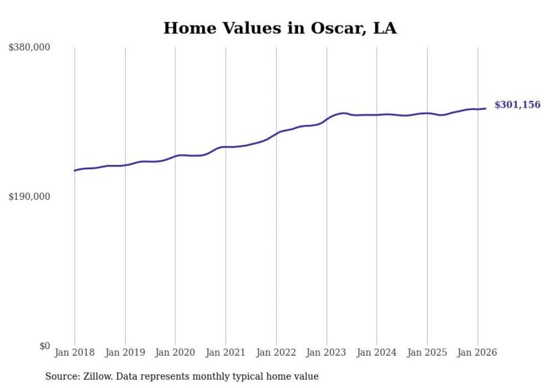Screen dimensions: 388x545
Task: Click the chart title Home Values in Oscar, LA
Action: [280, 28]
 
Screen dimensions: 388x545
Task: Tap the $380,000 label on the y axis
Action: [29, 48]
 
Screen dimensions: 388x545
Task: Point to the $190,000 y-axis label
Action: [29, 196]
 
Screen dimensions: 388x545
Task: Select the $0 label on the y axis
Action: [44, 346]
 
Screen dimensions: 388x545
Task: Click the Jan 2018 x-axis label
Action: [75, 352]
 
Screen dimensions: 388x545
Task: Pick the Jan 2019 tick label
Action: [125, 352]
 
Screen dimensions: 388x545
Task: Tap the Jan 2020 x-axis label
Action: [175, 352]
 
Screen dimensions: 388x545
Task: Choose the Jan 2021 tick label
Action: [226, 352]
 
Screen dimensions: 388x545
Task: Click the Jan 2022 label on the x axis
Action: [276, 352]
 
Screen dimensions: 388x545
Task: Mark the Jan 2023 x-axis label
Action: [326, 352]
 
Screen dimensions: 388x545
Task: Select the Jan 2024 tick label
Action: [377, 352]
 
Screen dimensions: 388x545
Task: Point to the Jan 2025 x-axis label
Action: [427, 352]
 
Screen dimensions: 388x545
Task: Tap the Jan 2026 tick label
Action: [478, 352]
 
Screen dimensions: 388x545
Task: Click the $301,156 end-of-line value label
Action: [517, 105]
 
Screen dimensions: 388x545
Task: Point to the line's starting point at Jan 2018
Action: [75, 170]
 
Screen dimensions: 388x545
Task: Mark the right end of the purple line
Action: [486, 108]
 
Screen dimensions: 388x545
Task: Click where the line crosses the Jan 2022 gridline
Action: [276, 133]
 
